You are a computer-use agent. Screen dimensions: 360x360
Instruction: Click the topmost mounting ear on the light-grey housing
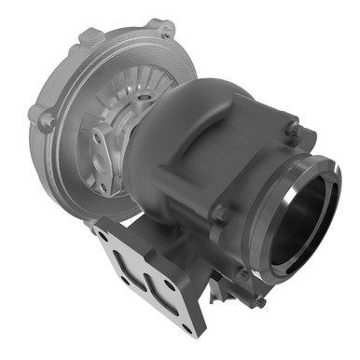tap(160, 28)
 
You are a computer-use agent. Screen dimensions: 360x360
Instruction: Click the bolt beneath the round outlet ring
tap(264, 301)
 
